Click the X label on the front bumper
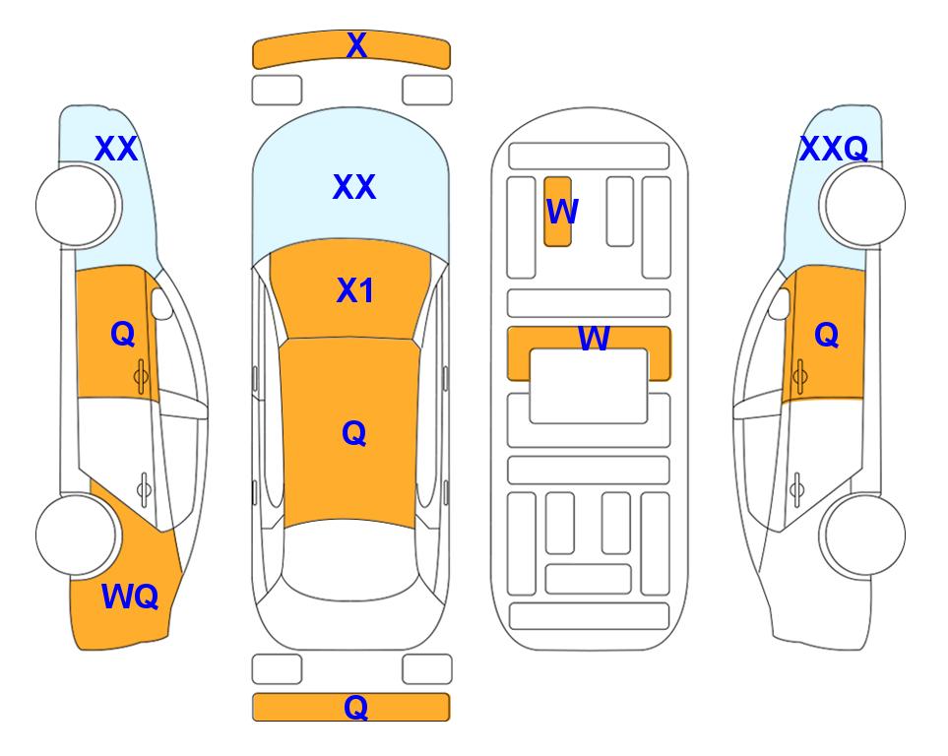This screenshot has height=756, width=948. coord(356,44)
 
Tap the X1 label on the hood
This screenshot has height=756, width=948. coord(355,290)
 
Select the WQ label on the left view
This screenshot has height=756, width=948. coord(130,597)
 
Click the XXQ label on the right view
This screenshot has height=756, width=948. coord(834,149)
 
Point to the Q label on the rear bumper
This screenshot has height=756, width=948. coord(356,707)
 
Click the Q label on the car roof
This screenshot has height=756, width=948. coord(354,433)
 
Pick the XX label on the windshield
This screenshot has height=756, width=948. coord(354,187)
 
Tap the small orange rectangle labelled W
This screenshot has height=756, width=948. coord(557,212)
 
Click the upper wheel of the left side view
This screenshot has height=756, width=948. coord(77,206)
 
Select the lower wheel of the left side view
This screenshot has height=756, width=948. coord(77,535)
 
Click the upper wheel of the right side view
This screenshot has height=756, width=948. coord(864,206)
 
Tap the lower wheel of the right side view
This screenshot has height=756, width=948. coord(864,535)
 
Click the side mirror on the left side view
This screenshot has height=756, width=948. coord(162,303)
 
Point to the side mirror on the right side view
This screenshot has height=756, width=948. coord(779,303)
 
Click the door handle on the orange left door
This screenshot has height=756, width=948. coord(142,376)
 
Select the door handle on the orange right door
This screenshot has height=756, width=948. coord(799,376)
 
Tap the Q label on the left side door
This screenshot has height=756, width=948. coord(123,334)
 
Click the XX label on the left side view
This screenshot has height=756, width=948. coord(116,149)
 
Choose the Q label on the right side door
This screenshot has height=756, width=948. coord(827,335)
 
